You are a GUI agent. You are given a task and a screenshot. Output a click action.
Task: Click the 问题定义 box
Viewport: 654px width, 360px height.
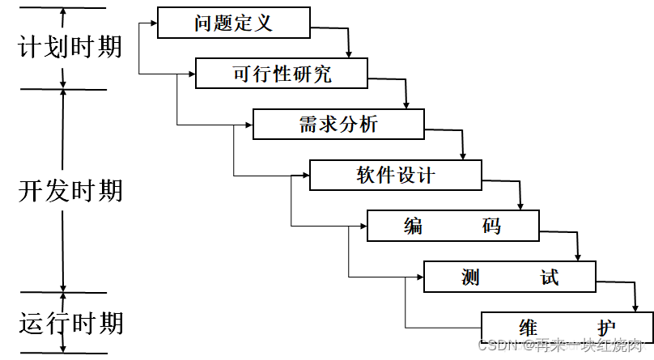(234, 23)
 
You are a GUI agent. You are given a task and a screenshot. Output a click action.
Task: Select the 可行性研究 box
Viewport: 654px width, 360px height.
(282, 74)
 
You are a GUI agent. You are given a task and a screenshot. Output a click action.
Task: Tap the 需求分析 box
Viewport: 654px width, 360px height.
(338, 124)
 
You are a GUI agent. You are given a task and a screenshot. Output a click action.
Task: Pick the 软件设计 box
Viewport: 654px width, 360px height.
(395, 175)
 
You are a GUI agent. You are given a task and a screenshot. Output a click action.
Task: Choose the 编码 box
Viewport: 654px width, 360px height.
(452, 226)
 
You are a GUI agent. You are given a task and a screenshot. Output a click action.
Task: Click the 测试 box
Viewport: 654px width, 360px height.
(509, 277)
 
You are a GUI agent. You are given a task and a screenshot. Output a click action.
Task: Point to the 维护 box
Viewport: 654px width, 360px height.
(567, 327)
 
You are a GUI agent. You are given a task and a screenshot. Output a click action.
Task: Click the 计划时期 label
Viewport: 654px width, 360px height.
(70, 46)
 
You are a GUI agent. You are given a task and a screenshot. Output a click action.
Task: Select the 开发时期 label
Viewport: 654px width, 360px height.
(70, 191)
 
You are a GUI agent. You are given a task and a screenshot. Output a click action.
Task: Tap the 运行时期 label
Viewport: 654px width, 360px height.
(70, 323)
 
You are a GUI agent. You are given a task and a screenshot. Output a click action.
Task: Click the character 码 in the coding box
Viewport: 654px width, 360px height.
(492, 226)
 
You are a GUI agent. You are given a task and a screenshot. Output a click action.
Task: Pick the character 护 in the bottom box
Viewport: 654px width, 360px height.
(606, 328)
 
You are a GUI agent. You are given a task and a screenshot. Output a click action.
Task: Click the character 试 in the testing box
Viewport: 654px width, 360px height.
(550, 277)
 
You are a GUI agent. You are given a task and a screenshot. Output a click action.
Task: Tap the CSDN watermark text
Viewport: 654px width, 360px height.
(562, 345)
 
